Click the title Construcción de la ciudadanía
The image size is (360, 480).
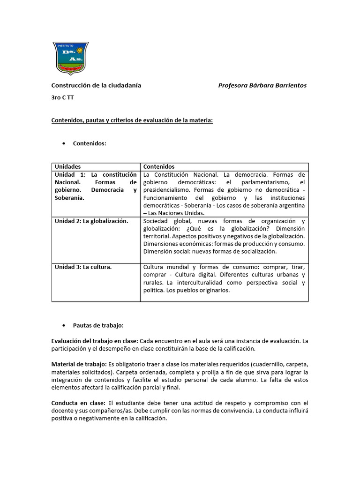point(96,85)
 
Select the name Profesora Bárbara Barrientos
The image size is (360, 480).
point(262,85)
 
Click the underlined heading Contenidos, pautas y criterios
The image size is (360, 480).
point(132,120)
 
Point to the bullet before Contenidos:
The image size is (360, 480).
point(63,143)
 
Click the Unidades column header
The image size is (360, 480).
point(67,166)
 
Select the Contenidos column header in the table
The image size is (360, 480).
point(159,166)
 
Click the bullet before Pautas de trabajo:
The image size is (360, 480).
point(63,325)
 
